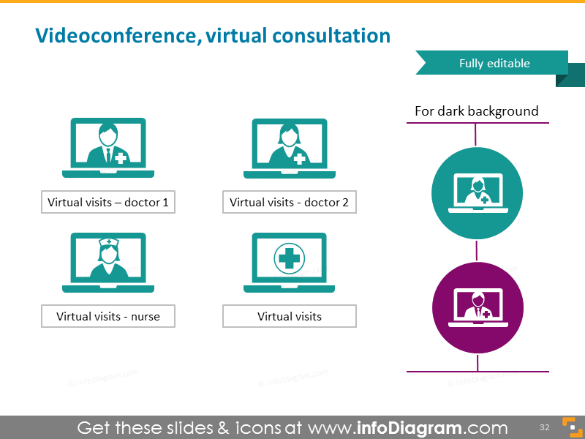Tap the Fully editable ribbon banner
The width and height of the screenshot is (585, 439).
coord(494,63)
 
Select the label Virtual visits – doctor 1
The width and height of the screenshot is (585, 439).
coord(108,203)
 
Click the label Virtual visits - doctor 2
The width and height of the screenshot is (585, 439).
coord(289,203)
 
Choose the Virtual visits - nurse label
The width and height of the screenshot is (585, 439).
coord(108,317)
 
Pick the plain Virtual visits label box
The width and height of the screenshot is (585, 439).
coord(289,317)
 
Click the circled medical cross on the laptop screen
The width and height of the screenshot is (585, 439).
coord(289,258)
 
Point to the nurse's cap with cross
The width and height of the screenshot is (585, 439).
coord(107,242)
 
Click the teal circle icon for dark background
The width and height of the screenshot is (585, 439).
coord(477,192)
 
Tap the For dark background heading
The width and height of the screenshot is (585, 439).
coord(476,111)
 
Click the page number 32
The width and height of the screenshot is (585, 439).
coord(544,427)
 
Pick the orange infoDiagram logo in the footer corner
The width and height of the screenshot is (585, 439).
coord(568,427)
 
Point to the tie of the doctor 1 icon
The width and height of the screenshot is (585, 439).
coord(107,156)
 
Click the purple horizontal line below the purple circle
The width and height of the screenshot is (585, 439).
coord(477,372)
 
